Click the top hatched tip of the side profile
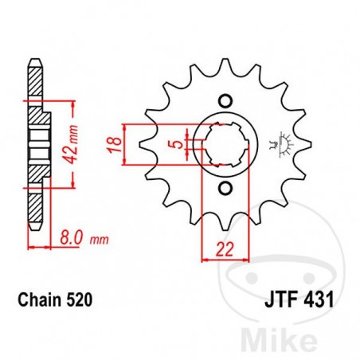pos(33,76)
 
